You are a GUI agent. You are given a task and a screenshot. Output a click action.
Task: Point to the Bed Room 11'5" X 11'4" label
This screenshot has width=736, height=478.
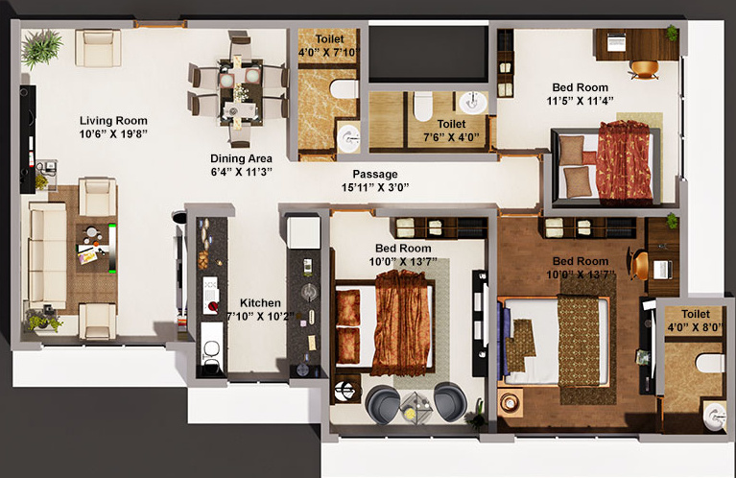click(x=580, y=93)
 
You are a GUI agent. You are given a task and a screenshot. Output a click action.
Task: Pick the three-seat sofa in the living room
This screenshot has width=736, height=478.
click(x=47, y=254)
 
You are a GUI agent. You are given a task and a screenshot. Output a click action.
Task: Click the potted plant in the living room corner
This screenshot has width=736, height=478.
click(x=41, y=47)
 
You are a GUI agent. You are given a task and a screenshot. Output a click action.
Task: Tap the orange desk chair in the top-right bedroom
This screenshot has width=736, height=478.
click(x=644, y=68)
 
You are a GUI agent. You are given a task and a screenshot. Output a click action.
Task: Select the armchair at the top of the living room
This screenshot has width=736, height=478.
click(x=98, y=47)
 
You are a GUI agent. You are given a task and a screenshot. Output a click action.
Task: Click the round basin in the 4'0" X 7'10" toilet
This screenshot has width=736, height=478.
click(x=347, y=134)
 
